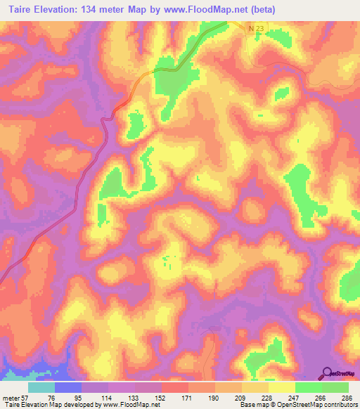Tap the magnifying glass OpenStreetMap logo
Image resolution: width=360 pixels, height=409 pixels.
tap(327, 373)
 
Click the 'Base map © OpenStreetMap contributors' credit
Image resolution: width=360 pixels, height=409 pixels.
tap(297, 405)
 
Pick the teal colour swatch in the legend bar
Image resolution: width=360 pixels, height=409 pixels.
tap(41, 387)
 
